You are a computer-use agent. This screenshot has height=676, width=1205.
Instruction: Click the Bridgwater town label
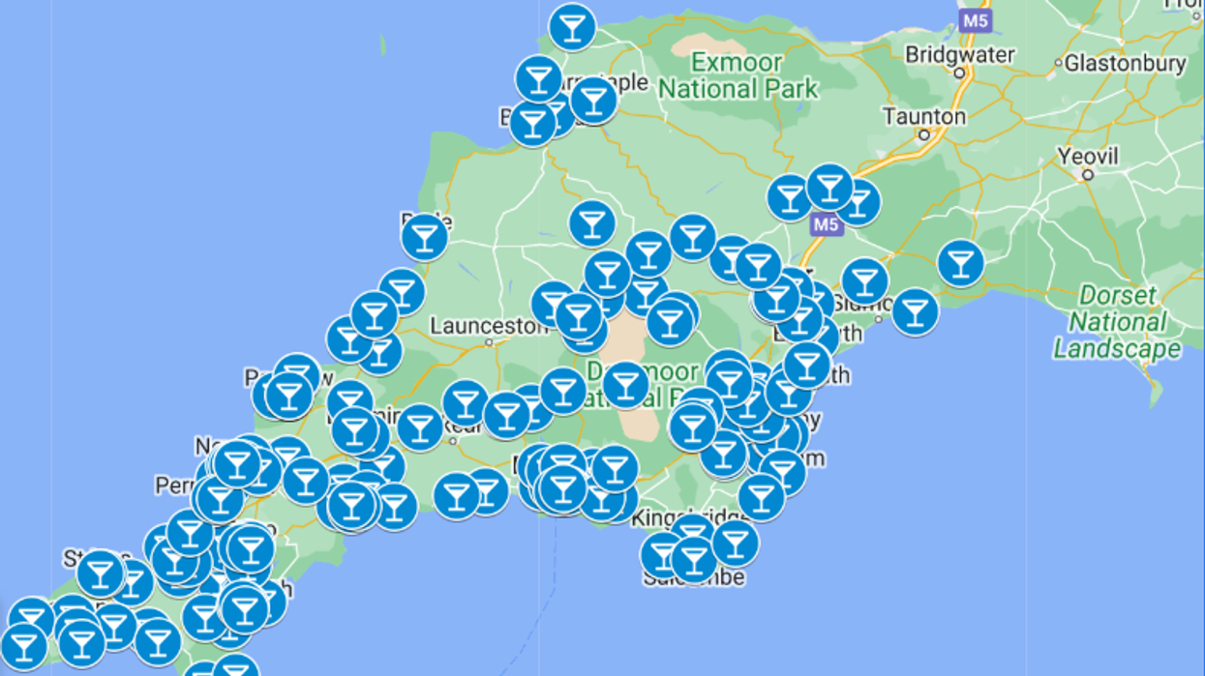[x=958, y=53]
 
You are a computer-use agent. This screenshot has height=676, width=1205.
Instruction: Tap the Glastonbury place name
[x=1125, y=64]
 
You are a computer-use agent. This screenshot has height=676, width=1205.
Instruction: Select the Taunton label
[x=923, y=116]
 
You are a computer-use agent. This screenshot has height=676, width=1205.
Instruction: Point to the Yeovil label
[x=1087, y=156]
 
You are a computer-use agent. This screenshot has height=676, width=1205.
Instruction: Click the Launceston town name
[x=489, y=327]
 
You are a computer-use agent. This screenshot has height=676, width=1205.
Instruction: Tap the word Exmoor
[x=737, y=64]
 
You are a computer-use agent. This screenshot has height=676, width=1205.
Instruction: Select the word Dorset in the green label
[x=1119, y=295]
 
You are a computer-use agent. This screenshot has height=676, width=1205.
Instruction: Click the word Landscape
[x=1117, y=349]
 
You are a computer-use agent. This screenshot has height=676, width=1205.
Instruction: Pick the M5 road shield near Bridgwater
[x=975, y=19]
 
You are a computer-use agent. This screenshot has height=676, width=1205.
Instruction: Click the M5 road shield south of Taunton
[x=826, y=224]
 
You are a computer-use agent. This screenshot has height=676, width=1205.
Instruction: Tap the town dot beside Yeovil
[x=1088, y=175]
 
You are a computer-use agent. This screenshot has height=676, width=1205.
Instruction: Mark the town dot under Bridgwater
[x=959, y=73]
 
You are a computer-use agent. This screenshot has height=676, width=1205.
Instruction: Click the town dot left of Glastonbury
[x=1057, y=65]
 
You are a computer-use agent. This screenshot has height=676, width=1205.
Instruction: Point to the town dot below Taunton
[x=924, y=135]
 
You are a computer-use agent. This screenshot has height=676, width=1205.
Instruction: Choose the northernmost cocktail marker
[x=572, y=27]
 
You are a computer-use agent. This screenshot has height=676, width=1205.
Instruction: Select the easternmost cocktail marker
[x=960, y=262]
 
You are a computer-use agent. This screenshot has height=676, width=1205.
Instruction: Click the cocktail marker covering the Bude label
[x=424, y=237]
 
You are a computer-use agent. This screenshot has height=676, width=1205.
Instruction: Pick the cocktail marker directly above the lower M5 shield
[x=828, y=188]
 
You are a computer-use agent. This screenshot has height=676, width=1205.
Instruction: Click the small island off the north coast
[x=382, y=44]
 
